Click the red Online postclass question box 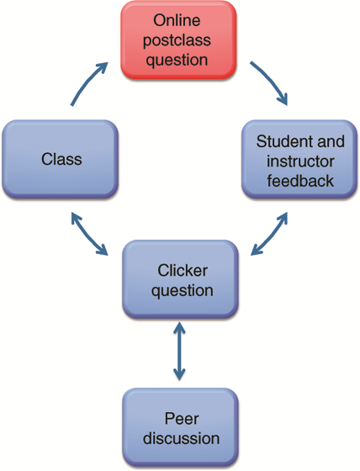tap(178, 40)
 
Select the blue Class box tap(60, 159)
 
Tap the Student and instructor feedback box tap(299, 159)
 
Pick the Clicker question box tap(180, 279)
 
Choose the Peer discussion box tap(180, 428)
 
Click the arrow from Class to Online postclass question tap(87, 82)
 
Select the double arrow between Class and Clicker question tap(89, 234)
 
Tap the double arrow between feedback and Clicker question tap(270, 234)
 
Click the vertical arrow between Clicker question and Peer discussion tap(179, 352)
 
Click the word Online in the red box tap(177, 20)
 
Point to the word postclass tap(177, 40)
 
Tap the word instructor tap(300, 161)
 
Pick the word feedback tap(300, 181)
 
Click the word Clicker tap(183, 270)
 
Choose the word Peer tap(182, 419)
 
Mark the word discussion tap(181, 438)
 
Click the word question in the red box tap(177, 60)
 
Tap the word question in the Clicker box tap(183, 291)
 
